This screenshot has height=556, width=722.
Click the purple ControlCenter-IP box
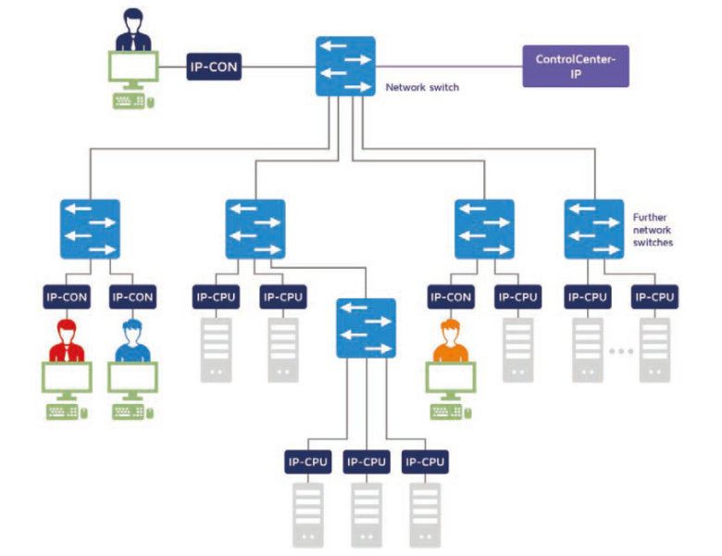[x=575, y=66]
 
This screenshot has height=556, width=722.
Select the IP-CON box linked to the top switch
[x=215, y=66]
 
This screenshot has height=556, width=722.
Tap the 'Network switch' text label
[x=422, y=88]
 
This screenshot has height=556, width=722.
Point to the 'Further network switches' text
[x=653, y=229]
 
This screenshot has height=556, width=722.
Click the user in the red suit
[x=66, y=341]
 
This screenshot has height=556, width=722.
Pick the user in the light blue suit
[x=131, y=341]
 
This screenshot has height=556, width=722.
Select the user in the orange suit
[x=450, y=341]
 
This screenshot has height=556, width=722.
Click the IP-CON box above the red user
[x=66, y=297]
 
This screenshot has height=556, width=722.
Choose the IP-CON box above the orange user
[x=450, y=297]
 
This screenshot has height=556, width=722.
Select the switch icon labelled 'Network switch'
[x=344, y=66]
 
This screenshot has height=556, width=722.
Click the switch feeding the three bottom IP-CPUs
[x=366, y=328]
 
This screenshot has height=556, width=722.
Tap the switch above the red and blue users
[x=90, y=229]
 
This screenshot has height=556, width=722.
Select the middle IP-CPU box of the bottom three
[x=366, y=461]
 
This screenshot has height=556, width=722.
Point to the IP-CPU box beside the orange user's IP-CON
[x=517, y=297]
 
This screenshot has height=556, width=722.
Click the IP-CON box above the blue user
[x=131, y=297]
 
